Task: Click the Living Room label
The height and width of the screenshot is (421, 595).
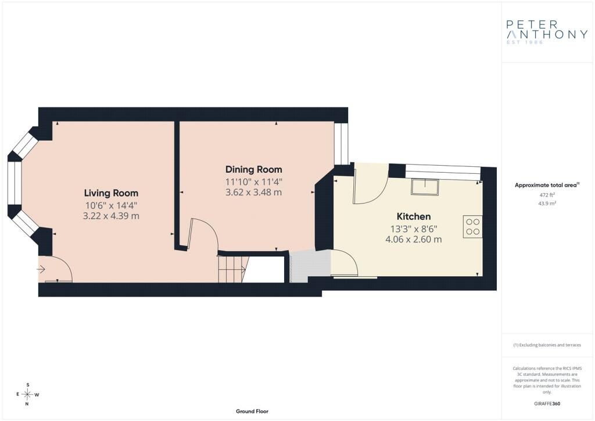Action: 111,193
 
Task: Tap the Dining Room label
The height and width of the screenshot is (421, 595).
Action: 254,169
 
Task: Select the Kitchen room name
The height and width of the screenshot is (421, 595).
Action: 414,216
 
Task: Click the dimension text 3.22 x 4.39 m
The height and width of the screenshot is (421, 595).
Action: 111,216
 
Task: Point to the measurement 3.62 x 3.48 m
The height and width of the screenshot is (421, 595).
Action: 254,192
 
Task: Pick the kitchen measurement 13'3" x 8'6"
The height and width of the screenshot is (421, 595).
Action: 414,229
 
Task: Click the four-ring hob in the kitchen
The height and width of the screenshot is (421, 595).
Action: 473,227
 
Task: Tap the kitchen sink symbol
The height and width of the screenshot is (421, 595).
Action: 425,187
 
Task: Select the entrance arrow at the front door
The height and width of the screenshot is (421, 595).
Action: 41,270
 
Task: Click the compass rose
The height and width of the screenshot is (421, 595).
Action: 28,394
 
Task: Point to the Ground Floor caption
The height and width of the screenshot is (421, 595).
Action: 252,411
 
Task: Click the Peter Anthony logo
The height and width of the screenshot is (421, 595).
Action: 547,32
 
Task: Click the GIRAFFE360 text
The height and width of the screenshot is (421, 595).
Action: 547,404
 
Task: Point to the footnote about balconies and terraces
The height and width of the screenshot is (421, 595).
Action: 547,345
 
